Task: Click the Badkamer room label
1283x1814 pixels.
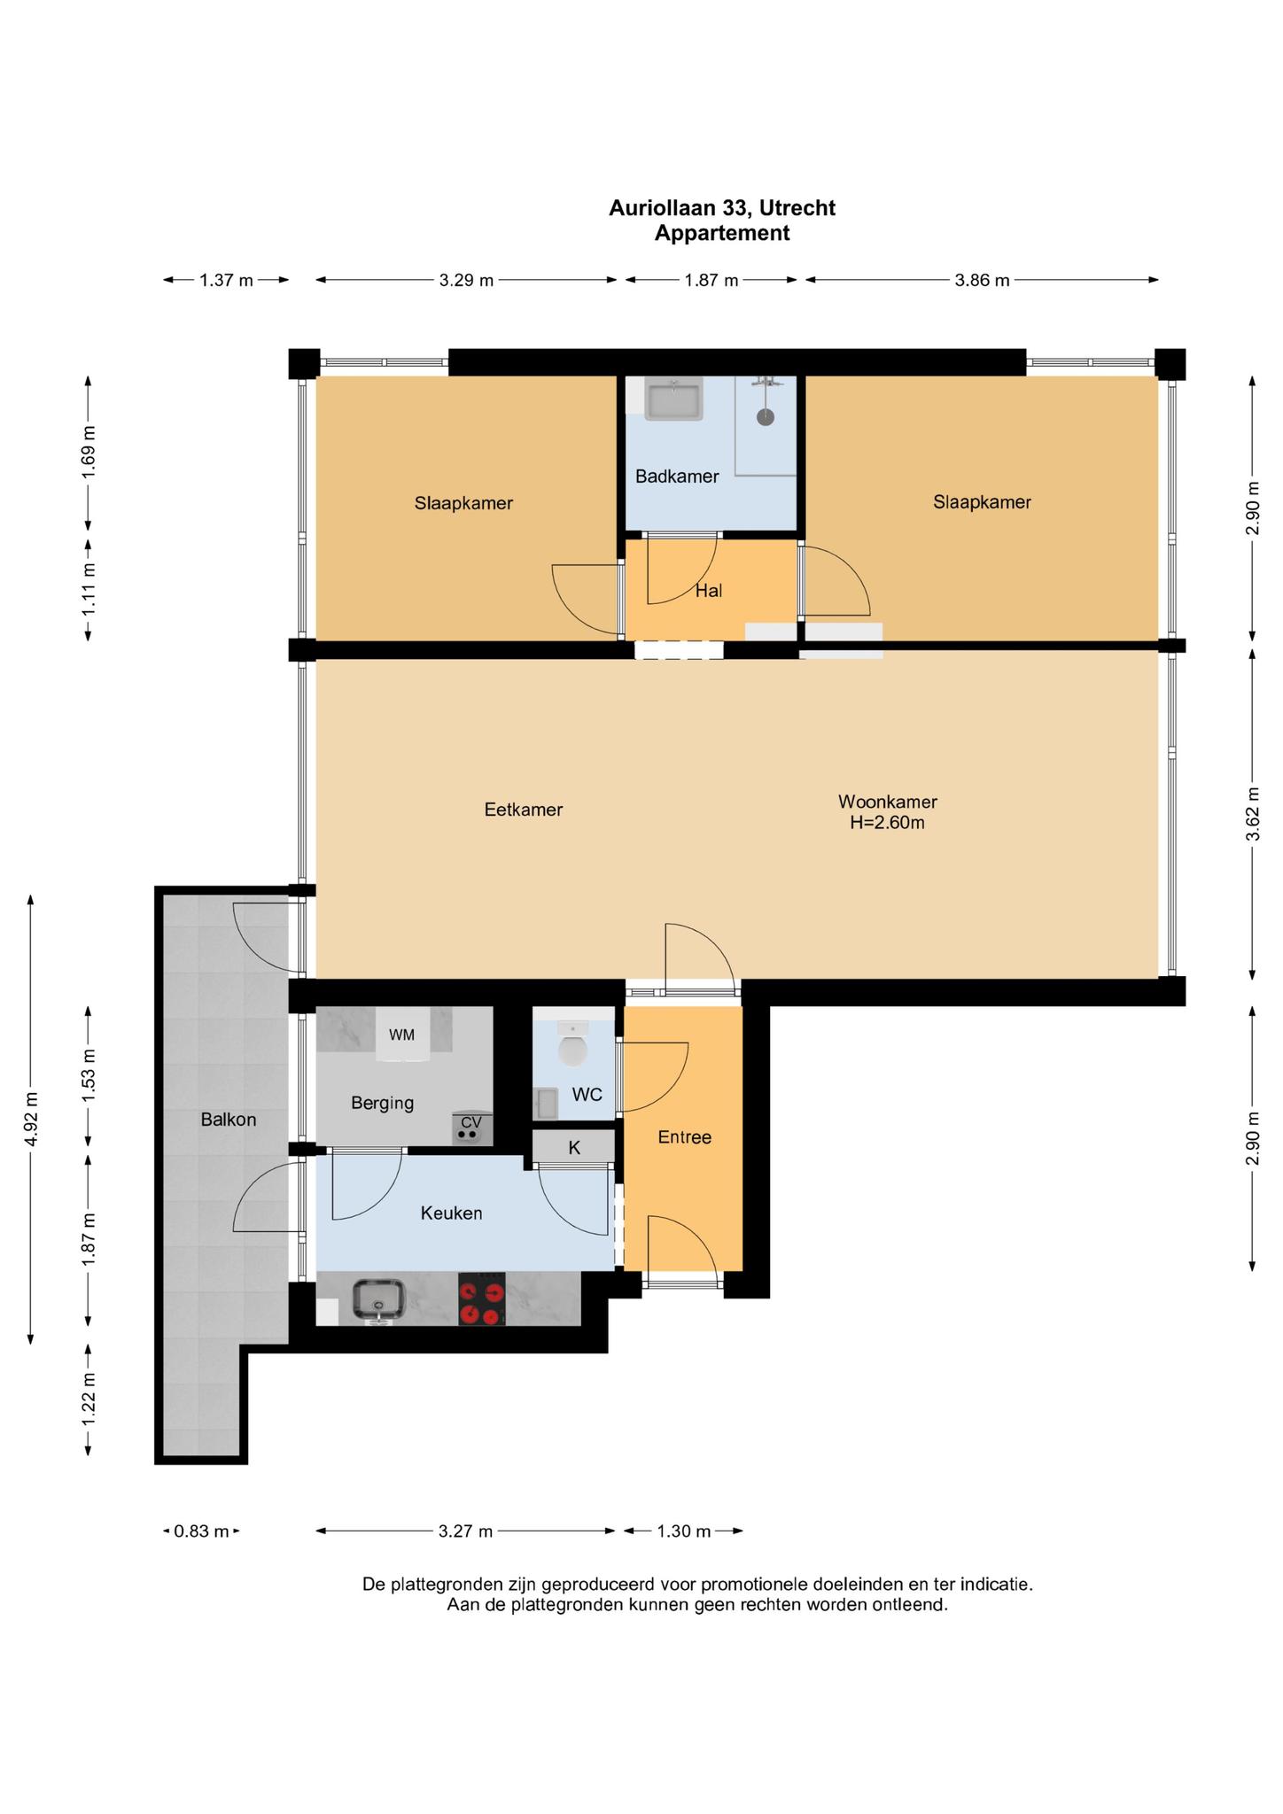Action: [x=677, y=477]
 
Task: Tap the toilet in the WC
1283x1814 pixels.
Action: [x=573, y=1045]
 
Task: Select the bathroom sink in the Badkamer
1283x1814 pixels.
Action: [x=673, y=399]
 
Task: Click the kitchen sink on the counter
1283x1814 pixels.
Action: [x=379, y=1301]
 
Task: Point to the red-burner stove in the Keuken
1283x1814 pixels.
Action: [x=482, y=1299]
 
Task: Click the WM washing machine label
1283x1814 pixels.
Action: [x=401, y=1035]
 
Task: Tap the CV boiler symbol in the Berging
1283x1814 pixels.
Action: [x=470, y=1128]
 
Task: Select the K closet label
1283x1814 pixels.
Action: [x=574, y=1148]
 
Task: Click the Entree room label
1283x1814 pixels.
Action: [x=684, y=1137]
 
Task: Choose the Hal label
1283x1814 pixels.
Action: [x=708, y=591]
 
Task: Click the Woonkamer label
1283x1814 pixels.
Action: [x=888, y=802]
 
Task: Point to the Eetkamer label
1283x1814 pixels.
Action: [x=524, y=810]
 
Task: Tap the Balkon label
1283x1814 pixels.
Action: [x=229, y=1120]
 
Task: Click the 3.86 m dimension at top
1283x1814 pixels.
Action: [x=982, y=281]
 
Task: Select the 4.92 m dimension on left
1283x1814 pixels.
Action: [x=32, y=1120]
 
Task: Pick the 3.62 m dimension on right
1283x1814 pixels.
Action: [x=1252, y=813]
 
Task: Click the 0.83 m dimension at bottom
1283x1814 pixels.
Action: [x=202, y=1531]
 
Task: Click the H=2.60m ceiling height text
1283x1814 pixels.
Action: [x=887, y=823]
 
